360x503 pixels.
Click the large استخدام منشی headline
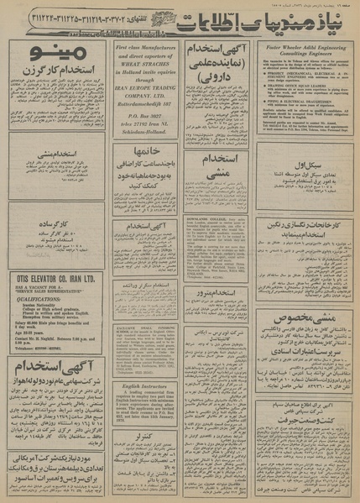coord(217,164)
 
